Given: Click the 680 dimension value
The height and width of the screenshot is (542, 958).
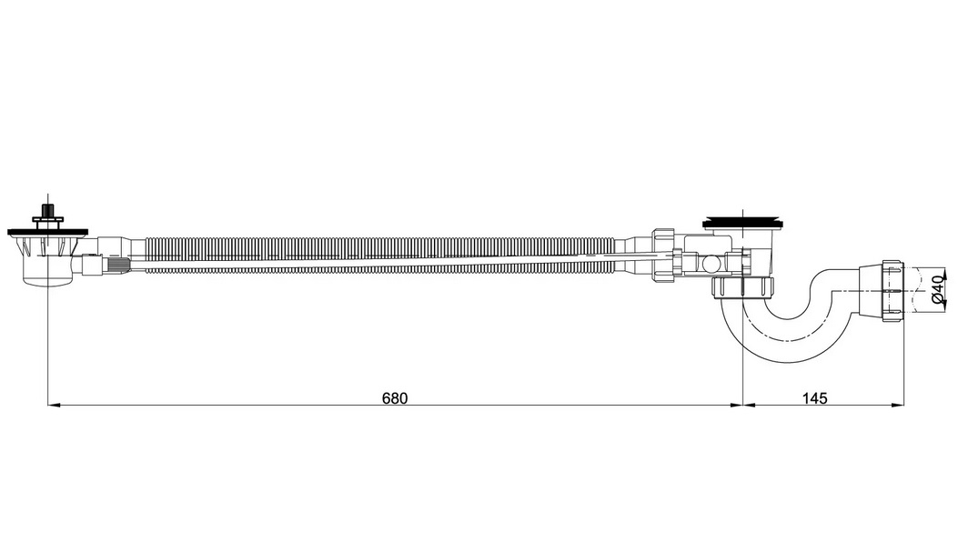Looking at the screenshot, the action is click(x=395, y=398).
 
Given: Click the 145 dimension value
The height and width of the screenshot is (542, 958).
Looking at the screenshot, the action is click(x=814, y=398).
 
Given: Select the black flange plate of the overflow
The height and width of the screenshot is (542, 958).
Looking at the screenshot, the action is click(x=47, y=232).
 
